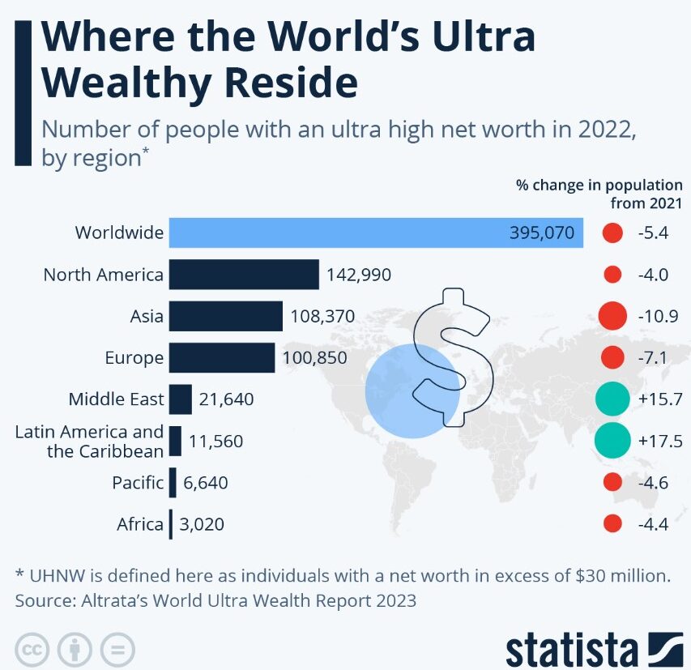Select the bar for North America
tap(244, 275)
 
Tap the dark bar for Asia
tap(226, 316)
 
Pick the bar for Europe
tap(222, 357)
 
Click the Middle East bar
tap(181, 399)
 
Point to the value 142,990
tap(359, 275)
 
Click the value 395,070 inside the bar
tap(542, 233)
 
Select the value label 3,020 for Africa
tap(202, 524)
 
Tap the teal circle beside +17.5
tap(612, 441)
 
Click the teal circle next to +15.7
tap(612, 399)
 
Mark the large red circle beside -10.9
tap(612, 316)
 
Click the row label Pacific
tap(138, 483)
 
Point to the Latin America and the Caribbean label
tap(89, 441)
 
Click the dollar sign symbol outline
tap(441, 356)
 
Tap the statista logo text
tap(571, 650)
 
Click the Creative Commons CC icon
tap(31, 649)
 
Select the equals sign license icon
tap(117, 649)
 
